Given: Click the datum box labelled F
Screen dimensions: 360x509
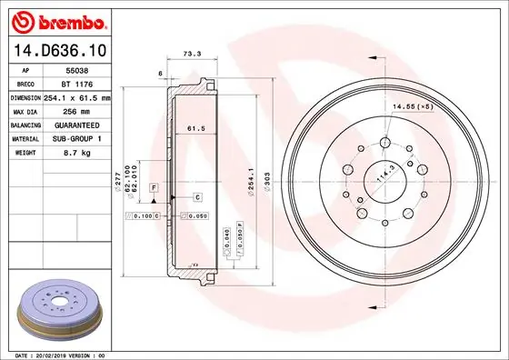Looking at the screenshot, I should (x=155, y=186).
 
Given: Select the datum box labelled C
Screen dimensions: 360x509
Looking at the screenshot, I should (x=197, y=196).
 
